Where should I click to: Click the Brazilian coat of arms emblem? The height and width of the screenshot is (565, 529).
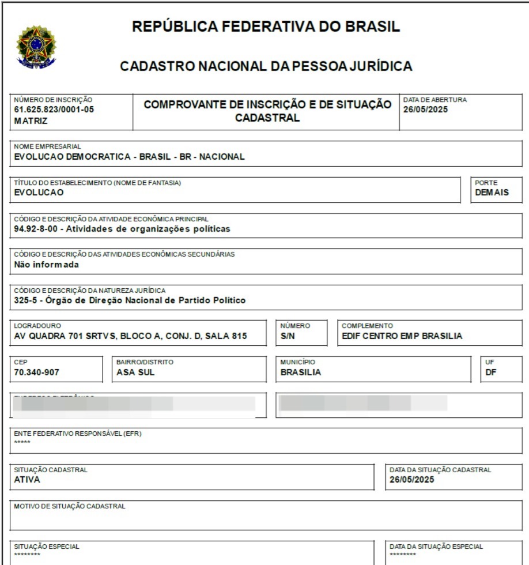point(36,47)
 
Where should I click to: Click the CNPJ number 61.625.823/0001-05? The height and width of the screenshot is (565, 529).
point(53,110)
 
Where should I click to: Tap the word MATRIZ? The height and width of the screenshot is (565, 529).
point(31,121)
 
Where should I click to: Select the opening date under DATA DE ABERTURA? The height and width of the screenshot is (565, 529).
point(425,110)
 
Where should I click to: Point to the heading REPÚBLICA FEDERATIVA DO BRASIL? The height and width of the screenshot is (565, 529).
point(266,27)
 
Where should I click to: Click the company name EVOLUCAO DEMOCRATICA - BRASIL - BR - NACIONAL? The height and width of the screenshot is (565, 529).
point(130,156)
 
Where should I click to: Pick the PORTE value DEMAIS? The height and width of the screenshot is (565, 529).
point(492,193)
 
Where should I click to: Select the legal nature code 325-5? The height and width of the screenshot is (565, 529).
point(25,300)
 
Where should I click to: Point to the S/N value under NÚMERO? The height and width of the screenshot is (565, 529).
point(288,336)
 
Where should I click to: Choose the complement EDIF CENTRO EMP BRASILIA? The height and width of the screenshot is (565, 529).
point(402,336)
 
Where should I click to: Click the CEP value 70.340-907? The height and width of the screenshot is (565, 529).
point(36,372)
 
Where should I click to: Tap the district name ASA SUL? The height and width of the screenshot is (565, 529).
point(135,372)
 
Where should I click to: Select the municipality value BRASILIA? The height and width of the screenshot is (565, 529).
point(301,372)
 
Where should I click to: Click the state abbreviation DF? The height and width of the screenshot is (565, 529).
point(491,372)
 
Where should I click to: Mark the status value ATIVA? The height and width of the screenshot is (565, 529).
point(27,480)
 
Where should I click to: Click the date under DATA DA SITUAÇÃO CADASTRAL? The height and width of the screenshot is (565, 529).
point(411,480)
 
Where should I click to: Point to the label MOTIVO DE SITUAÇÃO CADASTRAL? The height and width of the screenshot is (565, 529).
point(70,506)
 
